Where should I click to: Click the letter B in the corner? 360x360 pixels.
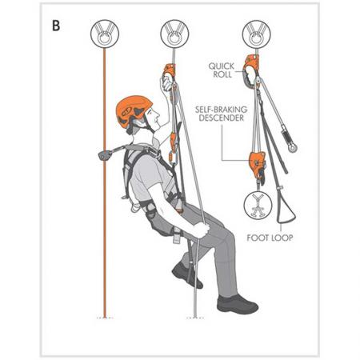56,24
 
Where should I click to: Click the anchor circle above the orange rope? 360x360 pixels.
104,34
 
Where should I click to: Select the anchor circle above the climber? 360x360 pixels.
175,34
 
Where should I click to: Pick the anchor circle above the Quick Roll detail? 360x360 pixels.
255,34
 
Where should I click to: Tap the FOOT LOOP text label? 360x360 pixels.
270,238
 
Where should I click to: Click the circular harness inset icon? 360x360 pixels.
257,206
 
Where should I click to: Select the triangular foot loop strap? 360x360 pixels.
286,210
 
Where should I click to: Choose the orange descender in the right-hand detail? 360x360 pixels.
258,161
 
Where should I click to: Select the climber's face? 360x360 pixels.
149,122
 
